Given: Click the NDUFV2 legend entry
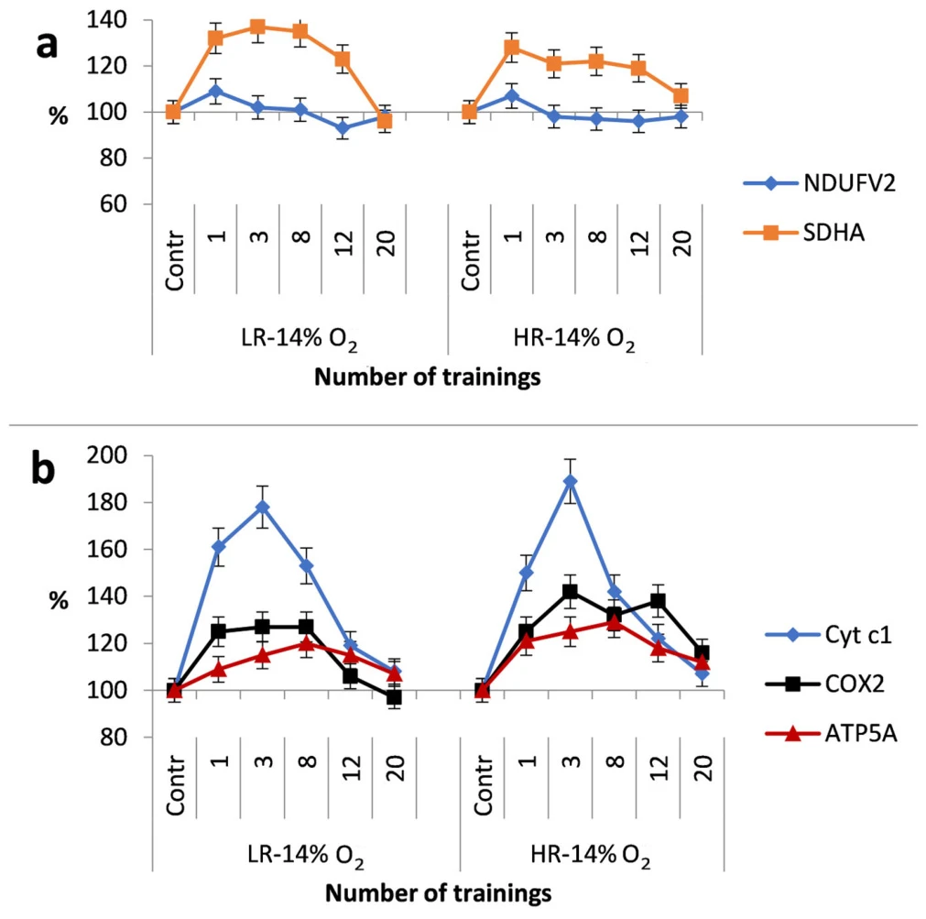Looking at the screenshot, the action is [820, 183].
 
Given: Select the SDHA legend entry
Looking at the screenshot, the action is [804, 233].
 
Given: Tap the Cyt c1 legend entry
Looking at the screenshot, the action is [829, 635].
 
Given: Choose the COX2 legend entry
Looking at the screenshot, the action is [824, 684].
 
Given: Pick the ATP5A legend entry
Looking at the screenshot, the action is [831, 734].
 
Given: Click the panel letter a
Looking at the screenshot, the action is [48, 46].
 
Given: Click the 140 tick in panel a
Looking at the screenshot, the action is [106, 20].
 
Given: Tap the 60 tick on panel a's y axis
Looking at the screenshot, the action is [114, 204].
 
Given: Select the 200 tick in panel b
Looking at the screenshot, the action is [106, 455].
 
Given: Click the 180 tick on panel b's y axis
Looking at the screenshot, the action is [106, 503].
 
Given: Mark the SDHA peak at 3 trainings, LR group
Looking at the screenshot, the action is [257, 27].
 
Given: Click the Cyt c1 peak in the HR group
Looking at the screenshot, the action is [570, 481].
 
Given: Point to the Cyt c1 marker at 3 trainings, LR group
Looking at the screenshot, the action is [262, 508].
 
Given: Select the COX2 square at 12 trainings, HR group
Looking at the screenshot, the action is [658, 601].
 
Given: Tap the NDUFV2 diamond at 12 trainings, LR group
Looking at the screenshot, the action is [343, 128].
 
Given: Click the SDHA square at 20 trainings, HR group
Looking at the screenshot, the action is [681, 95].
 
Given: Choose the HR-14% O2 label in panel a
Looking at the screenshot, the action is [574, 341].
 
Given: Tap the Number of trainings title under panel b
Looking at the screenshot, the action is [438, 893].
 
